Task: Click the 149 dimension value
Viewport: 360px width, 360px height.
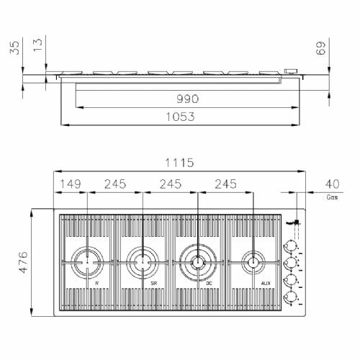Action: tap(71, 184)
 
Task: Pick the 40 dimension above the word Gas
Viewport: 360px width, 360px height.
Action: tap(332, 184)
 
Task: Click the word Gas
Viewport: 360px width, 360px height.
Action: tap(332, 196)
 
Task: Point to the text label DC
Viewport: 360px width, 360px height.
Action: tap(208, 284)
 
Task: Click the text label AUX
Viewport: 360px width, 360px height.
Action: tap(265, 284)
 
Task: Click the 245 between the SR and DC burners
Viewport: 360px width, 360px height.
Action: tap(171, 184)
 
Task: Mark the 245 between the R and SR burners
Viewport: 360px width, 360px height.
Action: tap(115, 184)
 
